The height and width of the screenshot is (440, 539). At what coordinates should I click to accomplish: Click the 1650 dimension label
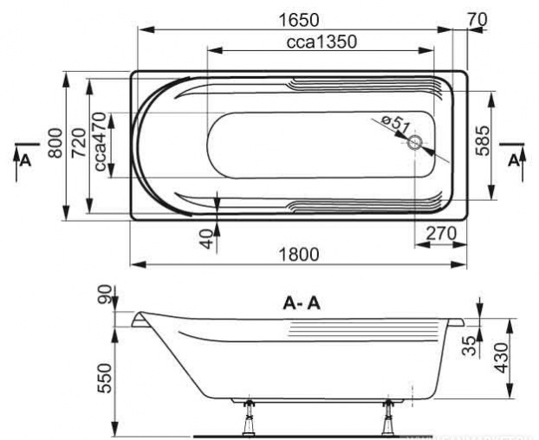(x=298, y=20)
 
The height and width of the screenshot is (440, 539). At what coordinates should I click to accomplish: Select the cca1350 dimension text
(x=321, y=42)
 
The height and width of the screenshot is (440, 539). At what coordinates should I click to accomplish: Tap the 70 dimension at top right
(x=477, y=20)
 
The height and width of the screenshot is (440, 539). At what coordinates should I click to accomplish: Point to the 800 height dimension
(x=55, y=143)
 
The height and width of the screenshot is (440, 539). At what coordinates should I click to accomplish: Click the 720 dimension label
(x=79, y=143)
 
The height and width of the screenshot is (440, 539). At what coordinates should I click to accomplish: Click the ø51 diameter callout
(x=395, y=124)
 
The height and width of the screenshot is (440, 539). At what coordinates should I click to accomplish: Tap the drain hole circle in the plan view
(x=415, y=143)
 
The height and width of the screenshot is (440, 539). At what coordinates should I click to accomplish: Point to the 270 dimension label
(x=441, y=234)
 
